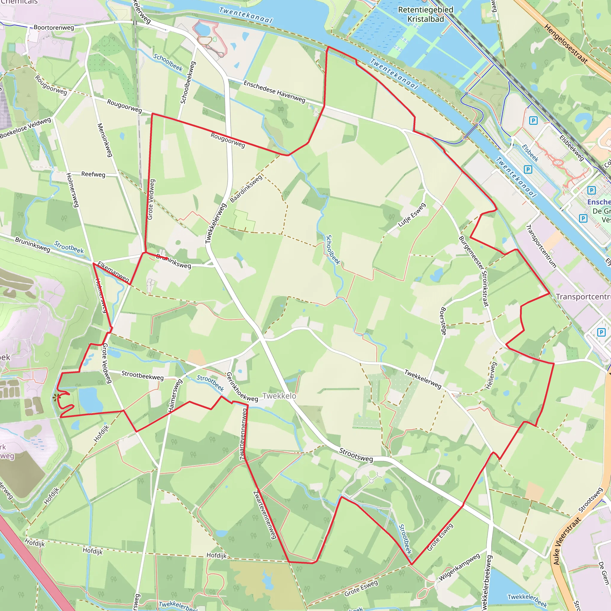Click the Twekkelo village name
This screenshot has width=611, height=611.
[x=279, y=396]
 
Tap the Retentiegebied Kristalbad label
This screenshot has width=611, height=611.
[x=425, y=15]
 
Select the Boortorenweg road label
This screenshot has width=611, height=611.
[x=54, y=27]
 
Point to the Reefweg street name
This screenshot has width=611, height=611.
[x=93, y=174]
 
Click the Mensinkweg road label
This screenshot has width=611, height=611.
[x=105, y=140]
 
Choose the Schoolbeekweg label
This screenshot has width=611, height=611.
[x=188, y=83]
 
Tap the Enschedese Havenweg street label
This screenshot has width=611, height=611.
[x=274, y=91]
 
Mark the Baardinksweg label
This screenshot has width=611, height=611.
[x=246, y=189]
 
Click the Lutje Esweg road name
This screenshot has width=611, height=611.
[x=412, y=215]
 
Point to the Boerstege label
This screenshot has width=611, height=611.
[x=443, y=321]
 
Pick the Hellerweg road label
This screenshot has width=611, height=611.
[x=491, y=375]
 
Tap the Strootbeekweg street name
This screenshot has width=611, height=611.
[x=143, y=375]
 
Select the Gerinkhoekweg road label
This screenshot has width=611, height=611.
[x=242, y=388]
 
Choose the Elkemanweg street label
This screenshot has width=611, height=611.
[x=113, y=272]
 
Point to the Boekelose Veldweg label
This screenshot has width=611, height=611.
[x=26, y=128]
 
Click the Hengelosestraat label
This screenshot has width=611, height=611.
[x=566, y=44]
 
